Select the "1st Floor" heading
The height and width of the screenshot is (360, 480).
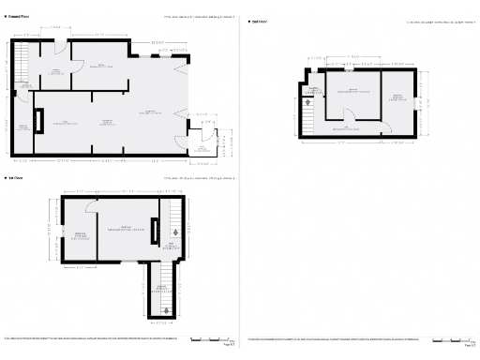[x=15, y=177]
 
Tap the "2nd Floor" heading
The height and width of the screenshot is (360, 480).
[x=259, y=19]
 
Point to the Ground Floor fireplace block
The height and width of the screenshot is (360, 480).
[x=38, y=122]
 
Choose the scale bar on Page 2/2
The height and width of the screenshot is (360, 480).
[x=451, y=338]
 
